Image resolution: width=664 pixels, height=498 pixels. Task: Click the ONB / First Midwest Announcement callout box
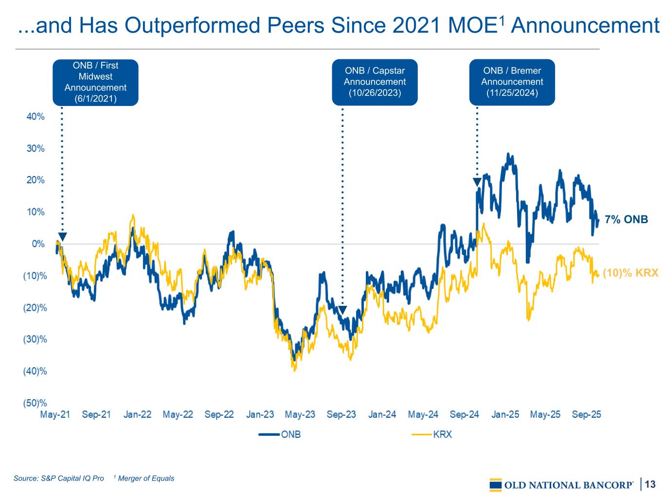click(95, 82)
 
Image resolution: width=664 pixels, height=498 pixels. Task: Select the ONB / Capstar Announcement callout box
click(375, 82)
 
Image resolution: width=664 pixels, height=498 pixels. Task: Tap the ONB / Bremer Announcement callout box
click(512, 82)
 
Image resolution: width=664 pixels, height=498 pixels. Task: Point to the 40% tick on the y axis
click(36, 117)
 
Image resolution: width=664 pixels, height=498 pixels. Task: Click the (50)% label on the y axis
click(35, 403)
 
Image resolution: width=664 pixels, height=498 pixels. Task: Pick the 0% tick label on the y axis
click(38, 244)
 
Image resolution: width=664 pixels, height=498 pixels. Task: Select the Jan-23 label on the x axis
click(260, 415)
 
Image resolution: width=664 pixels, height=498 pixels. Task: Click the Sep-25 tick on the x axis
click(586, 415)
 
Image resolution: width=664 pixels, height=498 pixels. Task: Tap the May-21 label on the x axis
click(55, 415)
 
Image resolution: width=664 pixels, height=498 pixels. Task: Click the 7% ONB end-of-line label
click(626, 220)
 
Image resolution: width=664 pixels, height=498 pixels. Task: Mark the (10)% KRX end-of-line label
click(630, 273)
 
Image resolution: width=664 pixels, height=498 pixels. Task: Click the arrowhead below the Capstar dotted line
click(342, 310)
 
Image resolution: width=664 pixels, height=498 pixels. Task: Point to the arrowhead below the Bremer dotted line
click(477, 182)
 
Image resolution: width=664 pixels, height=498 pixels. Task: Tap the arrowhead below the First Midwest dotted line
click(62, 237)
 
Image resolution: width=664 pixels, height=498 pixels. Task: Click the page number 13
click(650, 484)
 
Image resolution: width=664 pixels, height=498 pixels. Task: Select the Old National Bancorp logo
click(561, 484)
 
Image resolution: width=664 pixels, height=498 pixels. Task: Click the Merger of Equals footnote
click(144, 479)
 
